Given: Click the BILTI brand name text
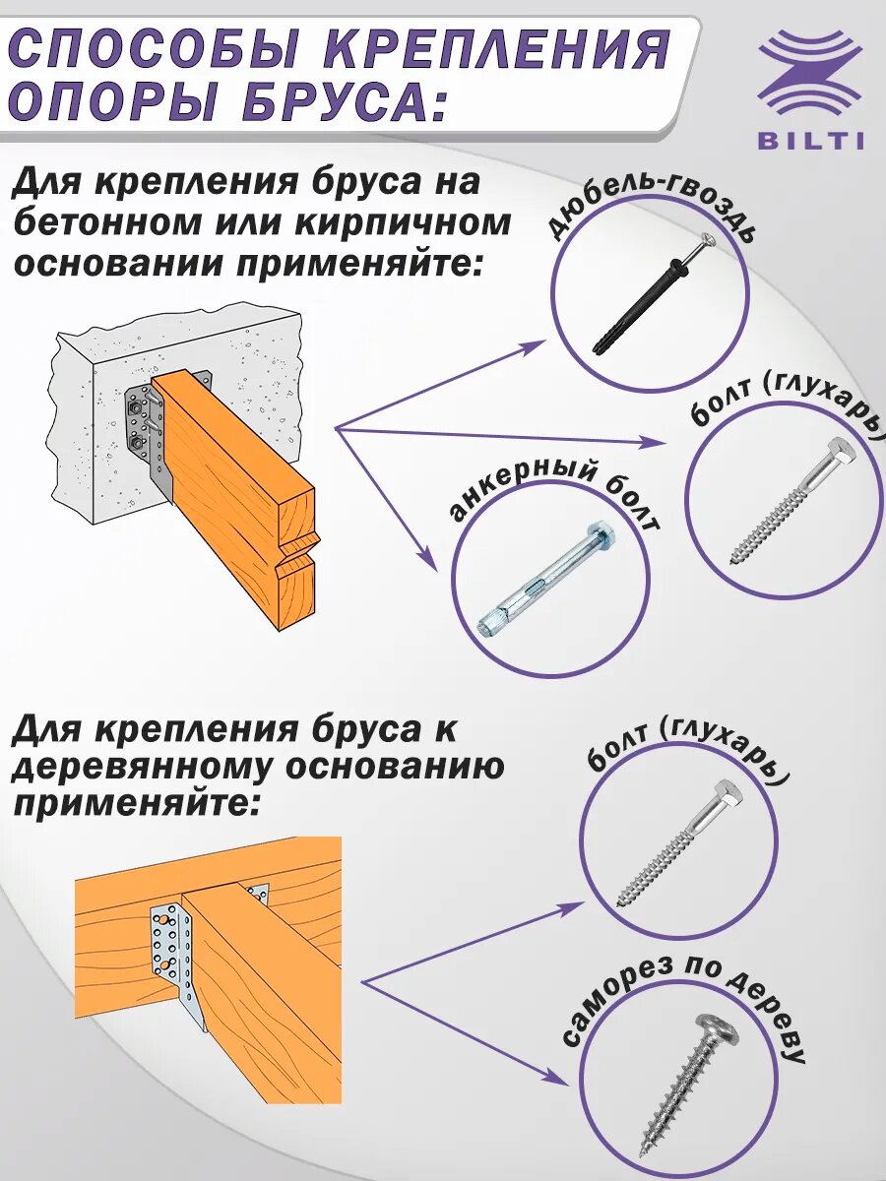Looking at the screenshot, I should click(x=811, y=141).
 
